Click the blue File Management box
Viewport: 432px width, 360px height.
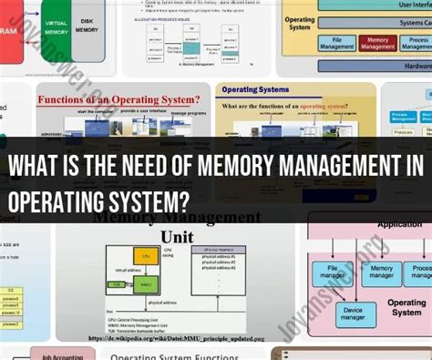pyautogui.click(x=337, y=42)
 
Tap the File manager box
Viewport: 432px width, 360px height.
pyautogui.click(x=334, y=273)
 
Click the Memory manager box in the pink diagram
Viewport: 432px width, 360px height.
pyautogui.click(x=382, y=273)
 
